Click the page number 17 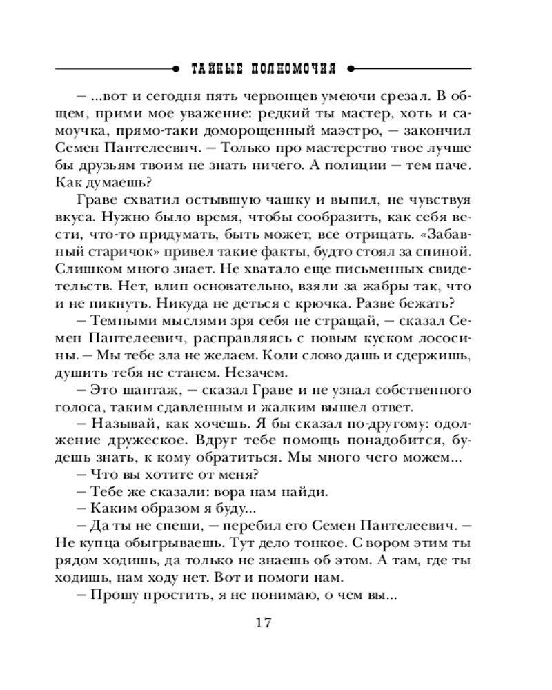coord(265,623)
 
